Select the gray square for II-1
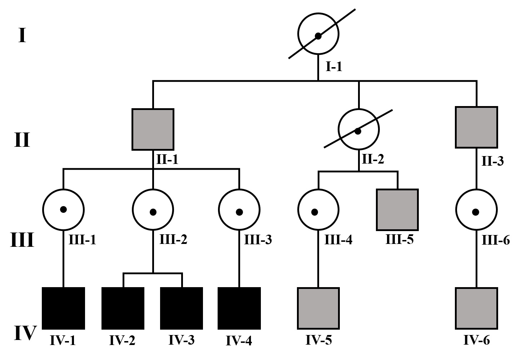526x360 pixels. coord(153,129)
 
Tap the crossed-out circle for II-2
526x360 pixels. coord(358,129)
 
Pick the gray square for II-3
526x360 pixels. coord(476,127)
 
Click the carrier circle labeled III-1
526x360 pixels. coord(63,209)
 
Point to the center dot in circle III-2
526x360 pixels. coord(153,212)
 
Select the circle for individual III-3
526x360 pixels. coord(239,210)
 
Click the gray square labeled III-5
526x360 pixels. coord(397,210)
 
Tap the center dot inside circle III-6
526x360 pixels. coord(476,212)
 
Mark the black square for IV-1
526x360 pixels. coord(64,308)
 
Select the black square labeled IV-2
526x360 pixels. coord(123,308)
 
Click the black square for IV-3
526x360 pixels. coord(182,308)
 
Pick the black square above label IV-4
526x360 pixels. coord(239,308)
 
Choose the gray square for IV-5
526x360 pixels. coord(318,308)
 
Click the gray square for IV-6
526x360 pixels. coord(476,308)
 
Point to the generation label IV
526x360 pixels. coord(25,333)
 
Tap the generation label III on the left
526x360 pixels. coord(22,240)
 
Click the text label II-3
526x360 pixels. coord(492,161)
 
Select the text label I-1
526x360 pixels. coord(334,66)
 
